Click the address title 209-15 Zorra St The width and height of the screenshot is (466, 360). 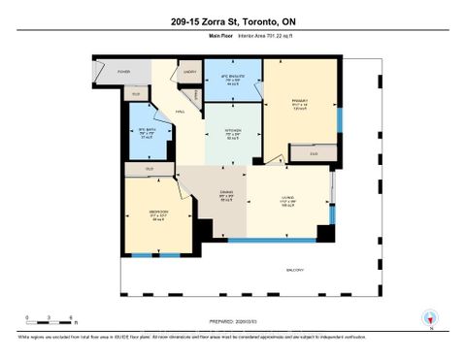[x=232, y=21]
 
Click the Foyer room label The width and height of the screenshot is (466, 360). [x=124, y=72]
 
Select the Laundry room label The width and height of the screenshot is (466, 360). [x=189, y=72]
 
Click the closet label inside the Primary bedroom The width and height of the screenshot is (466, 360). [x=314, y=153]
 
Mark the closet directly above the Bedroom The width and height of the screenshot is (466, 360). [x=150, y=170]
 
